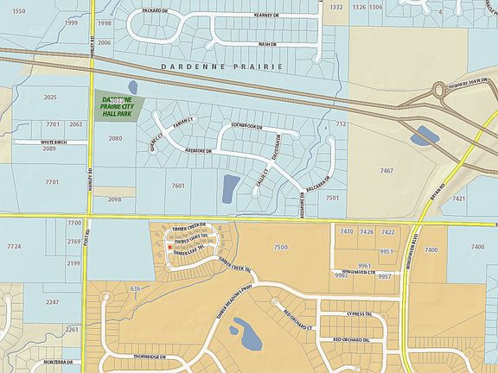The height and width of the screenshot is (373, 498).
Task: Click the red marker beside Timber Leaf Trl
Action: tap(169, 248)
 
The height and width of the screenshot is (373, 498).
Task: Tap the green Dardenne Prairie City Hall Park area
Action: tap(118, 108)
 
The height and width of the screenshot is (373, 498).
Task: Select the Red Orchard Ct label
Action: tap(297, 316)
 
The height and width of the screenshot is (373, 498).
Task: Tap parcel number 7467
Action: tap(387, 171)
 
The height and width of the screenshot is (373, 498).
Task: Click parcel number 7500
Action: tap(280, 248)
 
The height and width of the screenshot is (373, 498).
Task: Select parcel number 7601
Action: tap(179, 186)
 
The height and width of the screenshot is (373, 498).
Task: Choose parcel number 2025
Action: tap(50, 98)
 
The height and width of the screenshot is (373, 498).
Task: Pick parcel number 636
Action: tap(135, 288)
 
